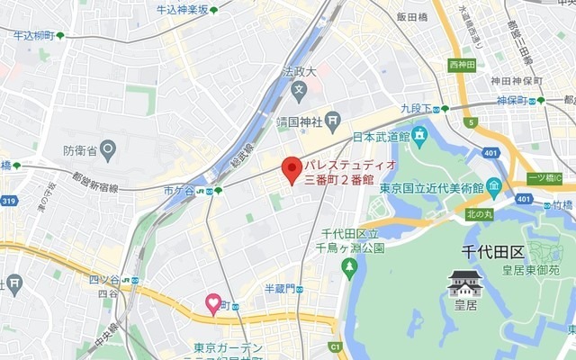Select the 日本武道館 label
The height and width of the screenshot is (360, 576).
381,137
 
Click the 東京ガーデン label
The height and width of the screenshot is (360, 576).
228,347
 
